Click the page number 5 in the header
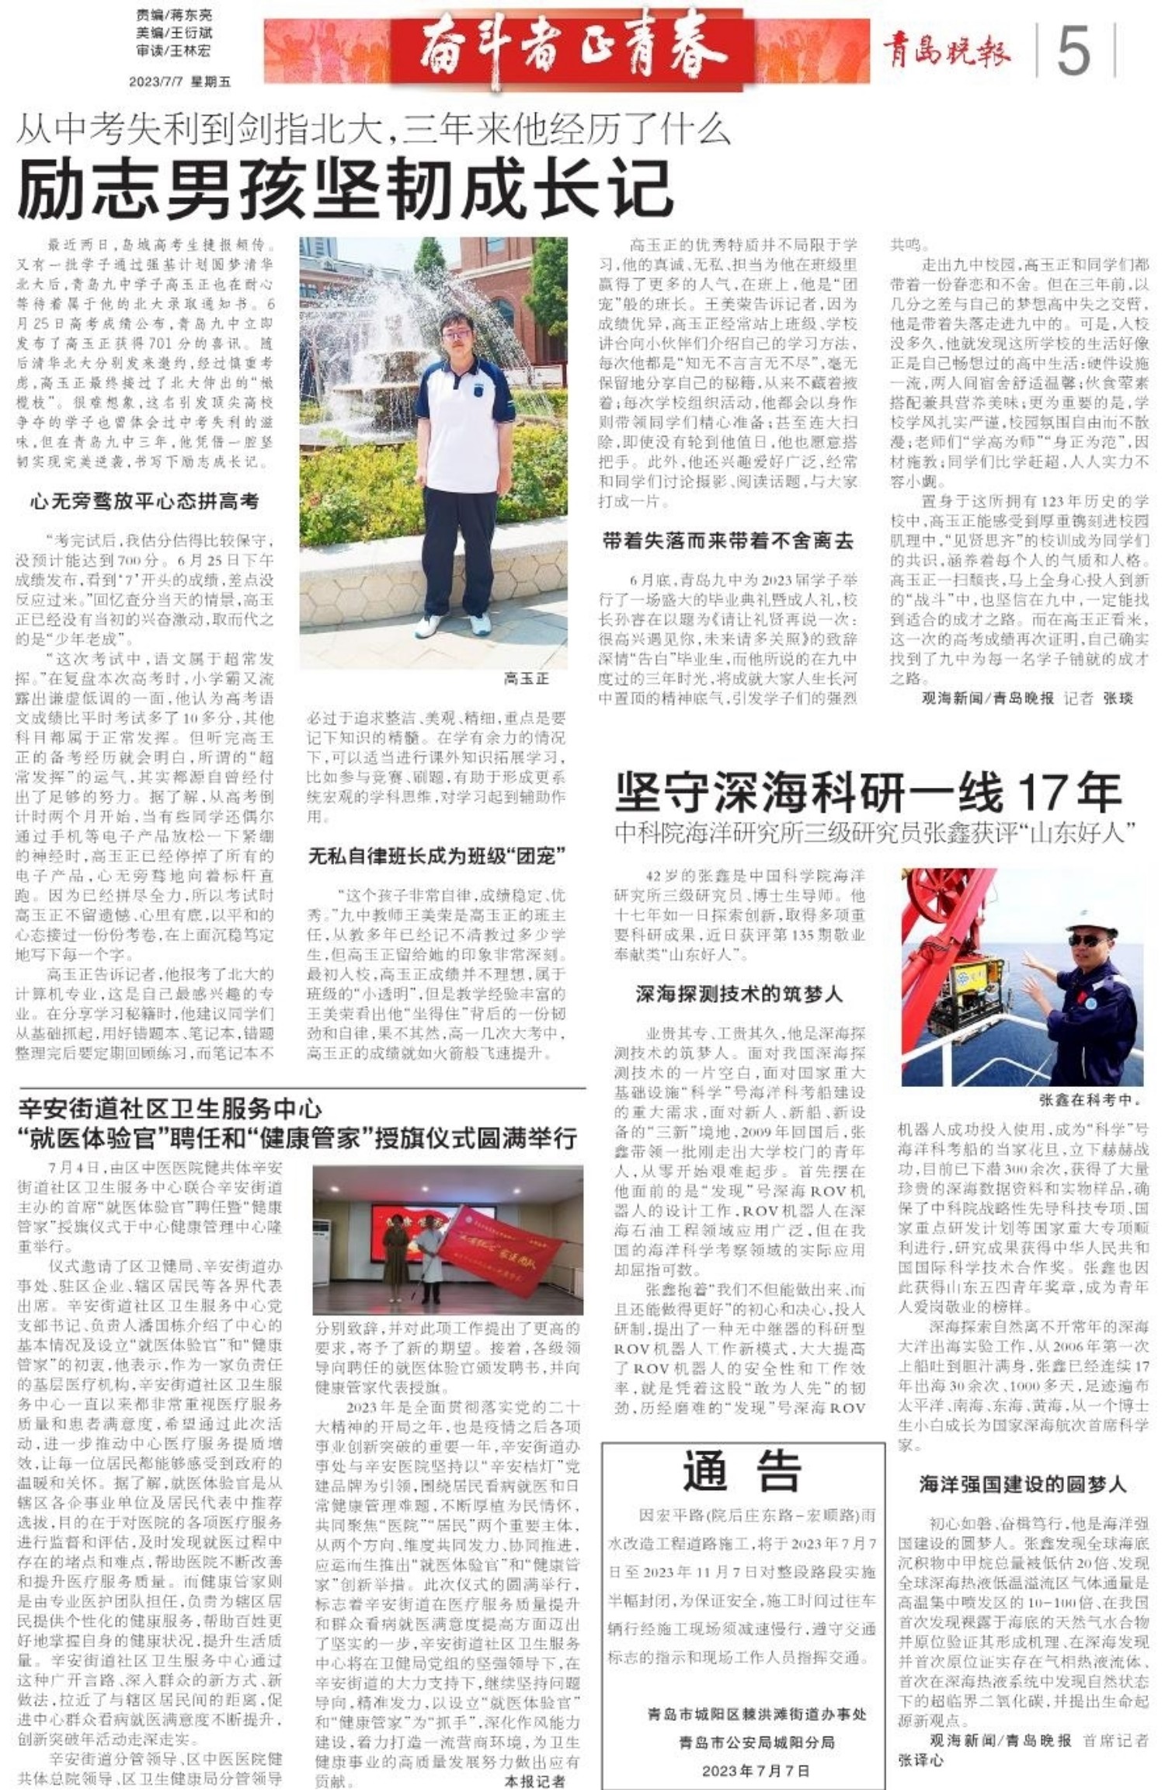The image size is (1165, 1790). pyautogui.click(x=1073, y=51)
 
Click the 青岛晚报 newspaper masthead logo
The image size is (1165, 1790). pyautogui.click(x=946, y=52)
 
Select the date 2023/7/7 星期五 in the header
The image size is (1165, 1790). pyautogui.click(x=179, y=82)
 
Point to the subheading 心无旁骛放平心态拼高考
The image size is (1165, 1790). pyautogui.click(x=144, y=501)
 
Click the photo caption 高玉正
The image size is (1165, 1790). pyautogui.click(x=526, y=678)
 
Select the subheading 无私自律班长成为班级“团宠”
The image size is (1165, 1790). pyautogui.click(x=436, y=856)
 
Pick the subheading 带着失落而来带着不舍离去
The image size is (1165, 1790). pyautogui.click(x=728, y=541)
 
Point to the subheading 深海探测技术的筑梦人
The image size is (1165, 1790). pyautogui.click(x=739, y=994)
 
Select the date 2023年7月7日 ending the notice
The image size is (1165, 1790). pyautogui.click(x=756, y=1771)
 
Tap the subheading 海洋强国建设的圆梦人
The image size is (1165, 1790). pyautogui.click(x=1022, y=1484)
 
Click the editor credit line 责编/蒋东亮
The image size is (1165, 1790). pyautogui.click(x=174, y=15)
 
